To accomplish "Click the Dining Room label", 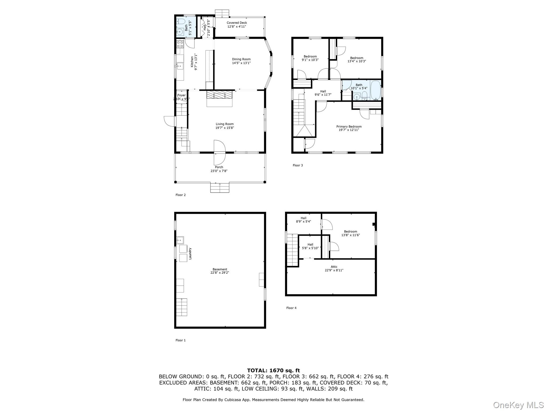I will (x=241, y=59).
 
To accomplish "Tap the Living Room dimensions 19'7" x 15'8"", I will (x=224, y=128).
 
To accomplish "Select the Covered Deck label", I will (x=237, y=23).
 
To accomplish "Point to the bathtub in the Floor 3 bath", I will (x=375, y=90).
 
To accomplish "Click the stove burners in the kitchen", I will (x=180, y=44).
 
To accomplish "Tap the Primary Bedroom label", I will (x=349, y=127).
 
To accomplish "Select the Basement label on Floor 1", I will (x=220, y=269).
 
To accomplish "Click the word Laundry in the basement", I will (x=190, y=253).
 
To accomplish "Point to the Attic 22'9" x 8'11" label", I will (x=334, y=268).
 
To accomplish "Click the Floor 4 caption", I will (x=291, y=308).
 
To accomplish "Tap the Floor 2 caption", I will (x=180, y=195).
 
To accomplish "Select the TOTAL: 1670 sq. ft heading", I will (x=273, y=370).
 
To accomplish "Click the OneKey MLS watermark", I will (x=518, y=405).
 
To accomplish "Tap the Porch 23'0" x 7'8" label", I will (x=219, y=169).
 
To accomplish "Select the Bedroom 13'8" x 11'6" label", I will (x=350, y=233).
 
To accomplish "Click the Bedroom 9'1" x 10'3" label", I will (x=310, y=58).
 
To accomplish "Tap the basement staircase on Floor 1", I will (x=181, y=307).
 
